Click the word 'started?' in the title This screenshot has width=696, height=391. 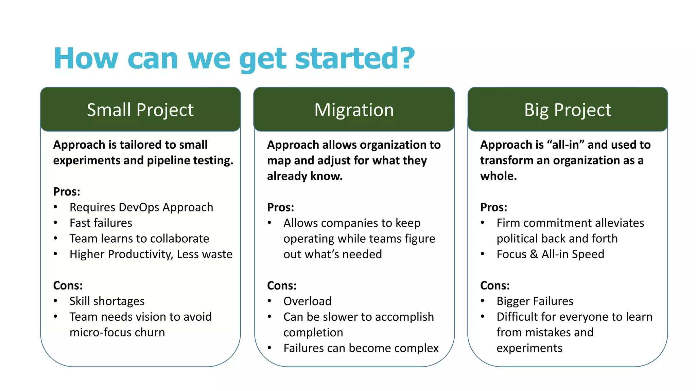[355, 58]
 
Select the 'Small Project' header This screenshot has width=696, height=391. [140, 110]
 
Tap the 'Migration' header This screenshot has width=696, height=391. [354, 110]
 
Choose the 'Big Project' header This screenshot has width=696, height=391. [568, 110]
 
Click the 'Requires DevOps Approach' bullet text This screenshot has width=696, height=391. [141, 207]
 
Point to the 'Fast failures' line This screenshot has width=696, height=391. [101, 223]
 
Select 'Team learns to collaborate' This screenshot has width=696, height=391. [139, 239]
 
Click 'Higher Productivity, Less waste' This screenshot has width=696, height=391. [151, 254]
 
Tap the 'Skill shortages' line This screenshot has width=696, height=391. [107, 301]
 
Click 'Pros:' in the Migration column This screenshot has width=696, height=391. [280, 207]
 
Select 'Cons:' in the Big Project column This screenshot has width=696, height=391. [494, 285]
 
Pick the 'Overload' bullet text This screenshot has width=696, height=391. [307, 301]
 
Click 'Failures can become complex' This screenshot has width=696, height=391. [361, 348]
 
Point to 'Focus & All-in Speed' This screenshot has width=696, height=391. [550, 254]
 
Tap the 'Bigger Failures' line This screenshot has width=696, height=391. [535, 301]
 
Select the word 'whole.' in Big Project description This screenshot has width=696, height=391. [498, 176]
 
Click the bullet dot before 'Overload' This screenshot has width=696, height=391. [269, 301]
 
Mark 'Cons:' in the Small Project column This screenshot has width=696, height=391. [68, 285]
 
